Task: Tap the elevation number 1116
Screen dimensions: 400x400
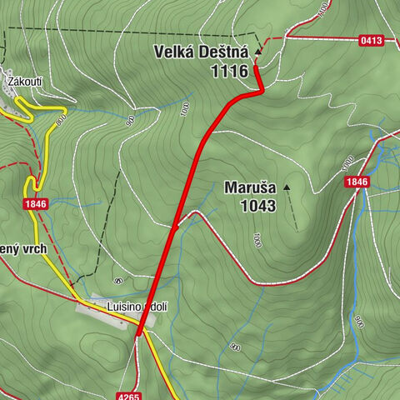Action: tap(230, 72)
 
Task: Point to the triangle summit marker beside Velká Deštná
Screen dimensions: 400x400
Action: tap(257, 52)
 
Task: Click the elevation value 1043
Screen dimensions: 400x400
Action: tap(257, 205)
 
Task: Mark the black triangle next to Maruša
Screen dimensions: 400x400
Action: tap(287, 187)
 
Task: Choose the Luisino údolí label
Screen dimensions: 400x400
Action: tap(137, 307)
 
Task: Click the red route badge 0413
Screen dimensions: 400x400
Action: tap(372, 39)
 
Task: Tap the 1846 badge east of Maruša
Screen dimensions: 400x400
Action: tap(356, 182)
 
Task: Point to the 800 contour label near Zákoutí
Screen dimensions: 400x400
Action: tap(60, 120)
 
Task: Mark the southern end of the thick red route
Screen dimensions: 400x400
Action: tap(137, 334)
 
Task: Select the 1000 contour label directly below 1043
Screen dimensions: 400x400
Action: tap(257, 241)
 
